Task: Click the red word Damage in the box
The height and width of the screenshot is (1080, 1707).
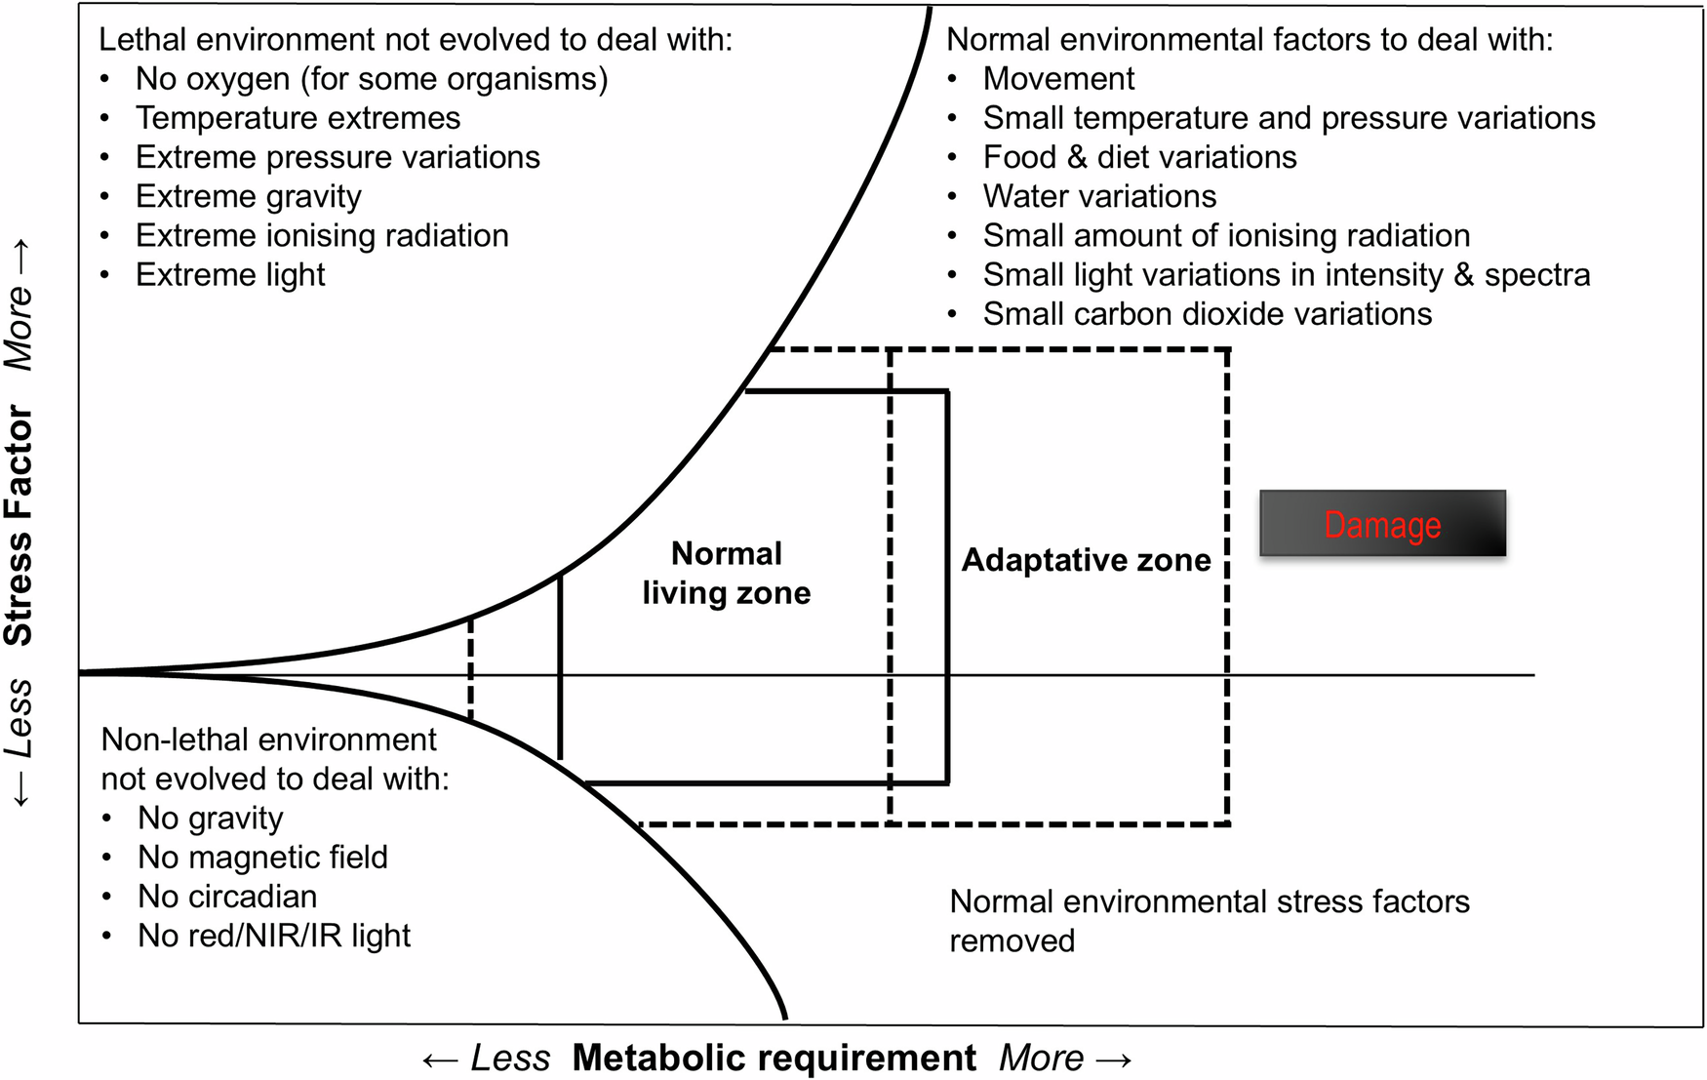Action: click(x=1381, y=525)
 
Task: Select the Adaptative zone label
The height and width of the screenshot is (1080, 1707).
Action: click(x=1086, y=560)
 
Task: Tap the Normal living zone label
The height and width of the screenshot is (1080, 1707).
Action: click(x=727, y=574)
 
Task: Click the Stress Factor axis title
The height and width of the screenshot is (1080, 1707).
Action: click(x=20, y=526)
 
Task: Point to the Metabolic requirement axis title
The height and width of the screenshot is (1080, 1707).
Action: click(x=774, y=1058)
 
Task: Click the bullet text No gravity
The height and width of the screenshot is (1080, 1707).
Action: click(x=210, y=818)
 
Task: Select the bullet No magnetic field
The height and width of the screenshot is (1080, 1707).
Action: click(x=262, y=857)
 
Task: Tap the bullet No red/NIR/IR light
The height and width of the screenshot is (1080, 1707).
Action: click(x=273, y=935)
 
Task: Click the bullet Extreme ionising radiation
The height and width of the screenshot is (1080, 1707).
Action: click(x=322, y=235)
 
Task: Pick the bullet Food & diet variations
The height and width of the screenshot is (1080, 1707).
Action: click(x=1139, y=157)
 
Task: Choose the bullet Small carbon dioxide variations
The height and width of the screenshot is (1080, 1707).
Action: click(x=1207, y=313)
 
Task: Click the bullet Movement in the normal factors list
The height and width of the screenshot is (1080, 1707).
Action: click(x=1058, y=78)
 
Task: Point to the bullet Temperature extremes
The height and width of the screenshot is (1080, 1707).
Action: click(x=298, y=118)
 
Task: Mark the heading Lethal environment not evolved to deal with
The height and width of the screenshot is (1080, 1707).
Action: click(x=416, y=40)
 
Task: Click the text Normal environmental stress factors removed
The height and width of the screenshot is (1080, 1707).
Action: click(x=1209, y=901)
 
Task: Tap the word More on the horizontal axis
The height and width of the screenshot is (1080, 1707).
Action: click(x=1042, y=1058)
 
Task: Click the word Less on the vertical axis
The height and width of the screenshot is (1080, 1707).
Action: click(x=20, y=719)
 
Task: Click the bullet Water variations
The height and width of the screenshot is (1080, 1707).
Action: click(x=1099, y=196)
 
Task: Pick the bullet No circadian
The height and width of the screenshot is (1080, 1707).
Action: click(x=226, y=896)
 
